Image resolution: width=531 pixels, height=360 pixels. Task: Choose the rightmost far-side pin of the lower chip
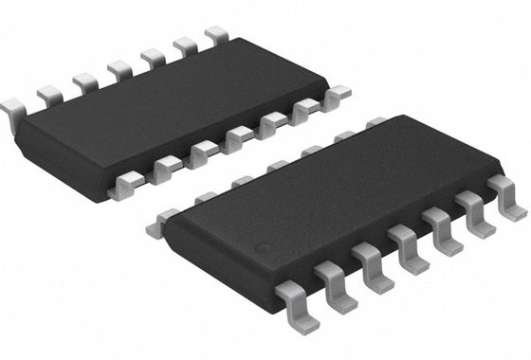point(376,123)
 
